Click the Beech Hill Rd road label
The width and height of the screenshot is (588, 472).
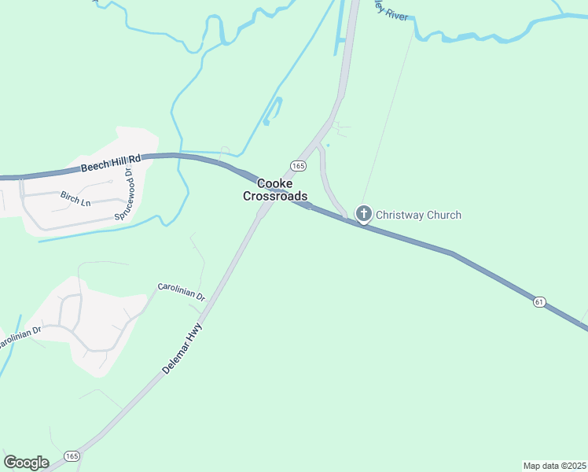[x=110, y=163]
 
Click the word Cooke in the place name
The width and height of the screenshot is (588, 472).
[x=275, y=183]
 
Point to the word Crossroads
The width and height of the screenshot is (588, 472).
[x=274, y=196]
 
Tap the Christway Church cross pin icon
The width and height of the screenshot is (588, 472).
[x=363, y=213]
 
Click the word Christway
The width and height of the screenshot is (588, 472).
[x=400, y=215]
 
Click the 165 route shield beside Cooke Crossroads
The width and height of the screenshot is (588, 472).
[x=297, y=165]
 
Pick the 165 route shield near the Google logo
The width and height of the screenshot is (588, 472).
[x=72, y=455]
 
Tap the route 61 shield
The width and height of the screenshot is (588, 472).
[x=538, y=301]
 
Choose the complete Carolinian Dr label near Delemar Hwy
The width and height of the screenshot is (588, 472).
[x=181, y=292]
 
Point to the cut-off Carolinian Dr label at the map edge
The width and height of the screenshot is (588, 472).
[x=17, y=339]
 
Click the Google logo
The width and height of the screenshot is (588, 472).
[x=26, y=462]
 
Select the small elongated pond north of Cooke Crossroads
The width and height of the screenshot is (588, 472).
[x=272, y=111]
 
